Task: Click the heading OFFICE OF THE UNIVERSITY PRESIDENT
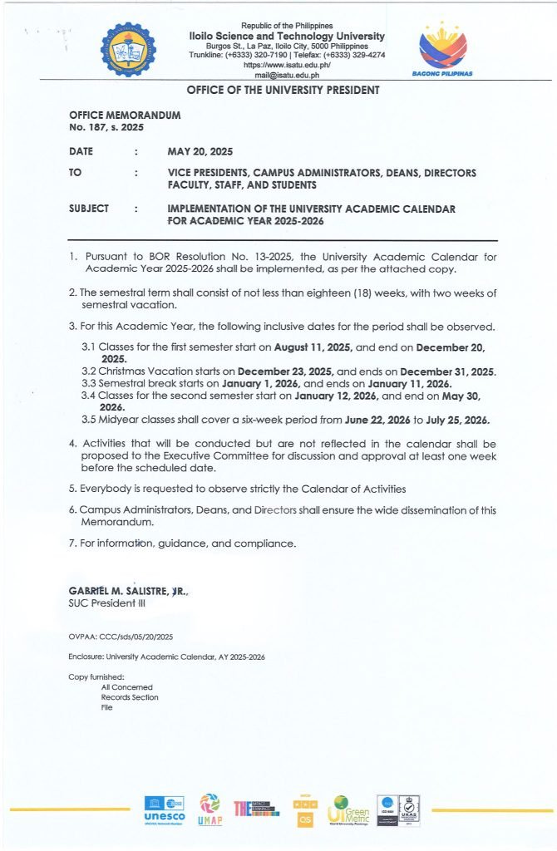coord(283,90)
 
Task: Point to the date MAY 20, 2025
coord(200,151)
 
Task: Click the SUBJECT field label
coord(89,209)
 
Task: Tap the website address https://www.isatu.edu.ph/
coord(287,64)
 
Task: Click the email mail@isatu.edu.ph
coord(287,75)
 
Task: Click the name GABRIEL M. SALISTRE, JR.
coord(129,590)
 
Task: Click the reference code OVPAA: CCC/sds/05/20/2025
coord(121,637)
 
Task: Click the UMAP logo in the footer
coord(209,809)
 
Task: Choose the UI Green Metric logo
coord(348,808)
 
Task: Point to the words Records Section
coord(129,697)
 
